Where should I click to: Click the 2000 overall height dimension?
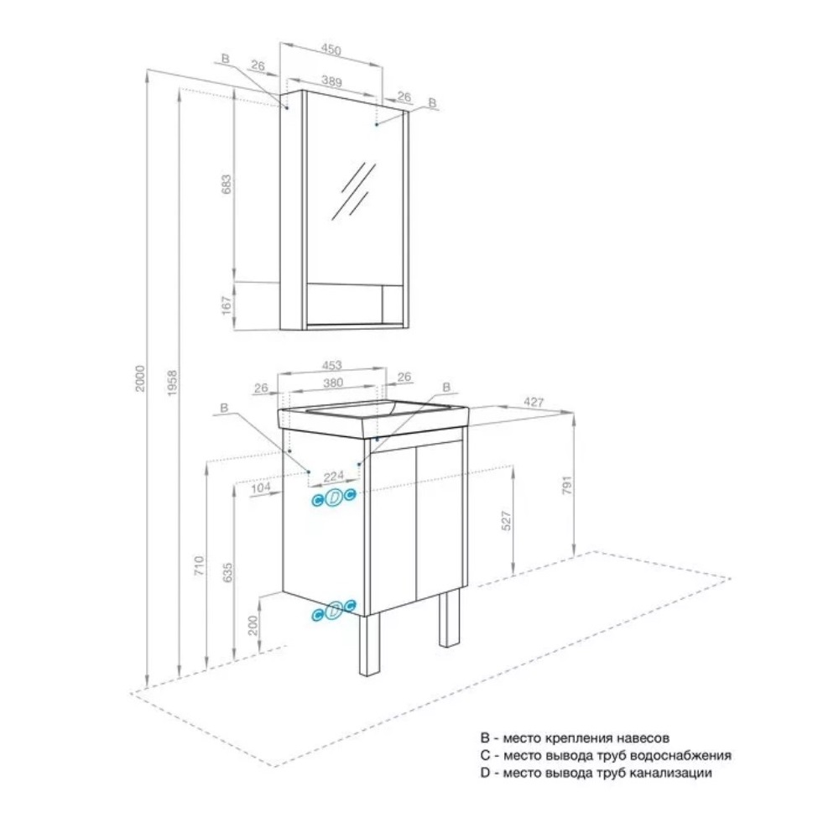tap(139, 378)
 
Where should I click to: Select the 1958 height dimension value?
tap(172, 383)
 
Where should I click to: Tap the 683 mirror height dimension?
tap(227, 184)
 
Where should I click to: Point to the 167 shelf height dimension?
tap(227, 306)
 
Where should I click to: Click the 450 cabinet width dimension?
tap(331, 50)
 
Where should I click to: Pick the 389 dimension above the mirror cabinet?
tap(331, 81)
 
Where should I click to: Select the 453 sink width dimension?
tap(331, 366)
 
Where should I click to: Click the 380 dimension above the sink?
tap(333, 383)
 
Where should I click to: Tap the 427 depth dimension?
tap(534, 401)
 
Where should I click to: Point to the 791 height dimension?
tap(567, 485)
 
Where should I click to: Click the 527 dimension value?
tap(506, 521)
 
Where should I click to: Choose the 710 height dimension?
tap(199, 566)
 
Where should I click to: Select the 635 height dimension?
tap(227, 572)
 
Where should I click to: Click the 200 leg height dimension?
tap(253, 625)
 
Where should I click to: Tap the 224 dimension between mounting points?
tap(333, 477)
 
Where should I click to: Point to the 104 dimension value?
tap(261, 487)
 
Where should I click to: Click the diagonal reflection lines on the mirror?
tap(353, 191)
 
